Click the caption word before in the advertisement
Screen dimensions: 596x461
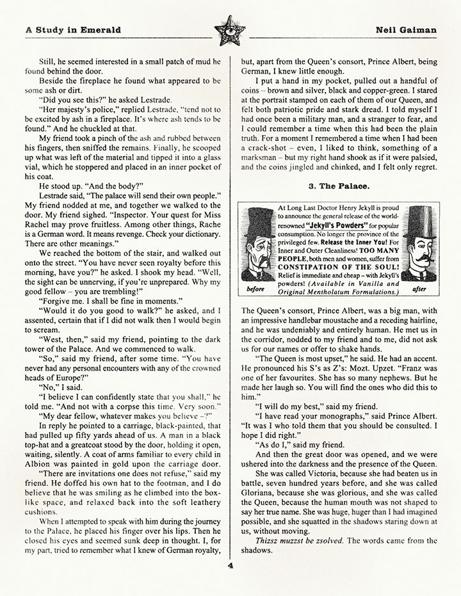(256, 289)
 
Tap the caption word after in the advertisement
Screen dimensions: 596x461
(420, 289)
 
